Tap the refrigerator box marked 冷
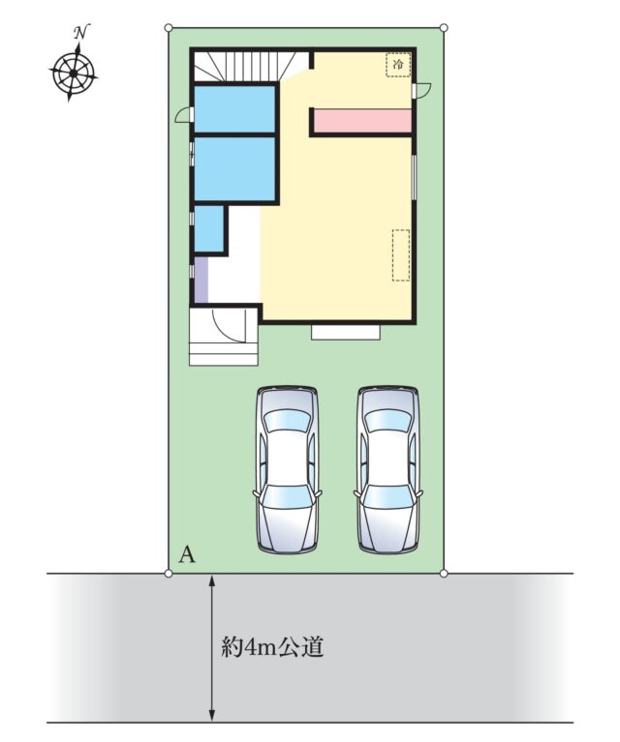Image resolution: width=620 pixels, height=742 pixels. [398, 65]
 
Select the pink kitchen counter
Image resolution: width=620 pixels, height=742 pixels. [362, 121]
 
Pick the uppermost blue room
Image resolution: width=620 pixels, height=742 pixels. [235, 109]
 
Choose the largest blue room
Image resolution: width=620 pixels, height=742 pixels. [235, 169]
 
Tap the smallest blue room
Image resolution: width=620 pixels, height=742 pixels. [208, 228]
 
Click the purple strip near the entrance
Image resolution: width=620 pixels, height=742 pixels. [201, 280]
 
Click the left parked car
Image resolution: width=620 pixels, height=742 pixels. [287, 470]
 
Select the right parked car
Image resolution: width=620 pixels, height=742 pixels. [387, 470]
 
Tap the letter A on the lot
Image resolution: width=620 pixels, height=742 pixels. [187, 554]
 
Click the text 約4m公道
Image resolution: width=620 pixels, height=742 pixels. [273, 647]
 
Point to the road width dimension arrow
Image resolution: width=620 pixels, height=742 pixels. [212, 648]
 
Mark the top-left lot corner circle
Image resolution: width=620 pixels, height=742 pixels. [169, 28]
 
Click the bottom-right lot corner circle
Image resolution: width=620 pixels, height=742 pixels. [444, 574]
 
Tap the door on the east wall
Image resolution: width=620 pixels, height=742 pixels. [421, 90]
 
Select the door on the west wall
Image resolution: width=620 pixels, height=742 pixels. [184, 116]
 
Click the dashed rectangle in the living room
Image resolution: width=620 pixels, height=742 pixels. [400, 255]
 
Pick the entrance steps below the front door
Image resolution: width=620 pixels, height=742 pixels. [223, 352]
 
